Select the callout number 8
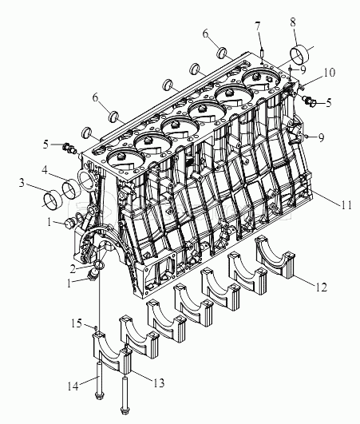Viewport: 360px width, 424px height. coord(294,22)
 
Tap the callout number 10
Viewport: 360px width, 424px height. coord(330,73)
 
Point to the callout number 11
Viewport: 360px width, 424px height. coord(346,204)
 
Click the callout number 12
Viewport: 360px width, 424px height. coord(322,287)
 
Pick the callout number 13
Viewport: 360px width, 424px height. coord(159,383)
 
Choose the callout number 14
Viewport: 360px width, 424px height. coord(73,386)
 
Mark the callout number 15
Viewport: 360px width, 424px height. coord(77,323)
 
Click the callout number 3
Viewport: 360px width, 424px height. coord(22,183)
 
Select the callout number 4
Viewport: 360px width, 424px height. coord(45,170)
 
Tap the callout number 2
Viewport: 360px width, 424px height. coord(72,269)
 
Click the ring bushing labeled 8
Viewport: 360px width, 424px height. coord(300,55)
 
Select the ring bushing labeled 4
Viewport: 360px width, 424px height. coord(70,191)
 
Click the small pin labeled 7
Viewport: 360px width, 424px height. coord(262,52)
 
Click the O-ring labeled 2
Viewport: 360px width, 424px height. coord(98,264)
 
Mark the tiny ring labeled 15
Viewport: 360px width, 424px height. coord(95,328)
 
